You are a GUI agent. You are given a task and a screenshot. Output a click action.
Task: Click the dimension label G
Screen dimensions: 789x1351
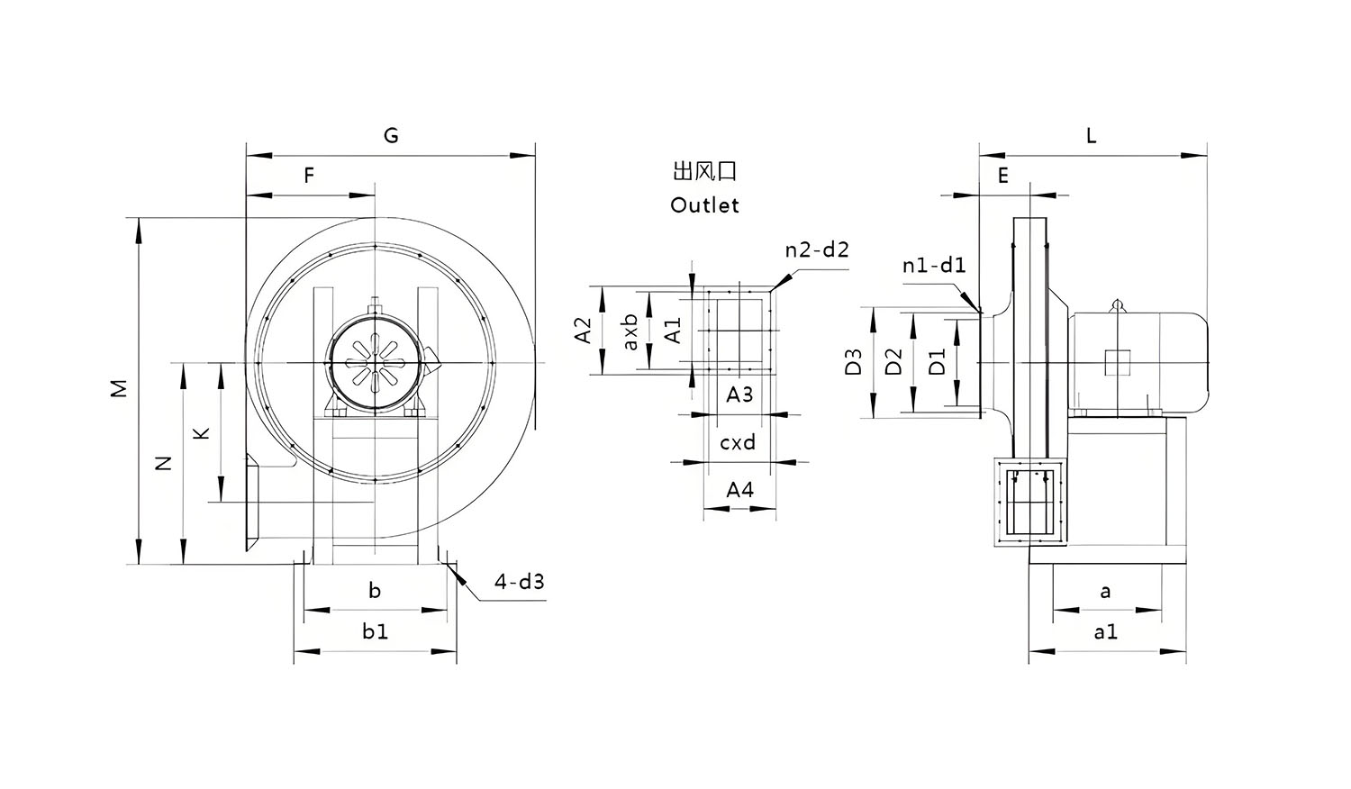pyautogui.click(x=391, y=136)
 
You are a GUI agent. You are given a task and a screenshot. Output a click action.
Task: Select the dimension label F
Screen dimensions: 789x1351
pyautogui.click(x=309, y=176)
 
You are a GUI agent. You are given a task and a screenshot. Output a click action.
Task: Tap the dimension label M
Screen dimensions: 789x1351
pyautogui.click(x=119, y=388)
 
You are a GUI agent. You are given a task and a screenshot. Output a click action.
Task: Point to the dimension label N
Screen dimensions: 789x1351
pyautogui.click(x=163, y=463)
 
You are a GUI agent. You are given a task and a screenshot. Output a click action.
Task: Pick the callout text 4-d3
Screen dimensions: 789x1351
pyautogui.click(x=519, y=581)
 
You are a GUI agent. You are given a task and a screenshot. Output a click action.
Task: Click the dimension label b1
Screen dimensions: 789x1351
pyautogui.click(x=376, y=631)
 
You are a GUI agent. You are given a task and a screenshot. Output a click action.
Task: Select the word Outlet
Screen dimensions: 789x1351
pyautogui.click(x=704, y=205)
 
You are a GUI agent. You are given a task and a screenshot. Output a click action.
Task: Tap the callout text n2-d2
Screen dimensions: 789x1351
pyautogui.click(x=817, y=249)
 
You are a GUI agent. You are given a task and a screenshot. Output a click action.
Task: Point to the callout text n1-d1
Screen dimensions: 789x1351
pyautogui.click(x=934, y=265)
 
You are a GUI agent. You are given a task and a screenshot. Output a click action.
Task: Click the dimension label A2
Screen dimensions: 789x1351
pyautogui.click(x=583, y=330)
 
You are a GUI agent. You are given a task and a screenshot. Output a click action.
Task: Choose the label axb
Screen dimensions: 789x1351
pyautogui.click(x=630, y=331)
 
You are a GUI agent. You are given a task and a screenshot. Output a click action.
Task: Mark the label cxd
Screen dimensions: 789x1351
pyautogui.click(x=738, y=442)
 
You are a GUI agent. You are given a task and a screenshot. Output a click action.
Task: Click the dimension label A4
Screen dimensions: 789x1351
pyautogui.click(x=739, y=489)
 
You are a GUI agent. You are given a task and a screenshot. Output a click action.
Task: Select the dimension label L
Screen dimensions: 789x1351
pyautogui.click(x=1091, y=136)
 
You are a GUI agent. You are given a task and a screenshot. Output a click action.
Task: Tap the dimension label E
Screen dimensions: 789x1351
pyautogui.click(x=1003, y=177)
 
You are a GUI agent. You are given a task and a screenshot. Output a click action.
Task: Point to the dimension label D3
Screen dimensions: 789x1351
pyautogui.click(x=853, y=361)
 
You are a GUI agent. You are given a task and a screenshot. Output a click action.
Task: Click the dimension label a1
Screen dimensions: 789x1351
pyautogui.click(x=1105, y=632)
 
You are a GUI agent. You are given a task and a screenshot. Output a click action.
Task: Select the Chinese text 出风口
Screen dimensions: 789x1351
pyautogui.click(x=704, y=171)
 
